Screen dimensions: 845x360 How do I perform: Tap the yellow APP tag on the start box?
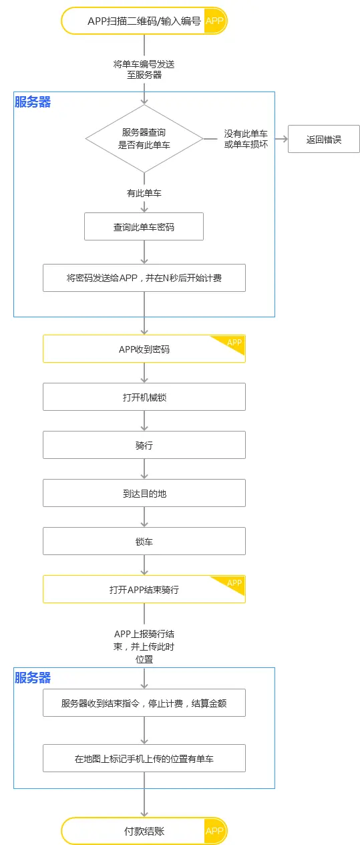tap(214, 21)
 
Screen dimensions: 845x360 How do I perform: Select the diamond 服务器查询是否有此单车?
tap(144, 139)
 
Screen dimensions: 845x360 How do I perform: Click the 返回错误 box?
tap(324, 140)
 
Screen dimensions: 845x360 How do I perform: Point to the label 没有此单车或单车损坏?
tap(246, 139)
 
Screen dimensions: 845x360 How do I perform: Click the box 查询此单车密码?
tap(144, 226)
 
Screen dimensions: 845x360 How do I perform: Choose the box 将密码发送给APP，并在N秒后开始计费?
tap(144, 278)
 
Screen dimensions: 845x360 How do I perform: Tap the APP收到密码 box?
tap(144, 349)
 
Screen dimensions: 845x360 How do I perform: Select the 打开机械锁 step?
tap(144, 397)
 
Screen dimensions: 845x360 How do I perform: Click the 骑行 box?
tap(144, 445)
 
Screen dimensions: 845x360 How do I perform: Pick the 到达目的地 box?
tap(144, 493)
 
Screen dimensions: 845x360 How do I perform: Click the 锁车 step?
tap(144, 541)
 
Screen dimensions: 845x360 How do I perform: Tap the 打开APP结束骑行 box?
tap(144, 589)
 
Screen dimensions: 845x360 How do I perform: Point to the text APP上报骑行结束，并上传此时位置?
tap(144, 645)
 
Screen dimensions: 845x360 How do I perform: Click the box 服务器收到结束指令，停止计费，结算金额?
tap(144, 703)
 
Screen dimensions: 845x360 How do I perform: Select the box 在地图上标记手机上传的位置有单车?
tap(144, 758)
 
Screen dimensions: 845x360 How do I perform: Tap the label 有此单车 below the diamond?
tap(144, 193)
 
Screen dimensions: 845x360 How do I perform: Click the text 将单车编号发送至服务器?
tap(144, 69)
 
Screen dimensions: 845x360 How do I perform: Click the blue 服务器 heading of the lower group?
tap(33, 677)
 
